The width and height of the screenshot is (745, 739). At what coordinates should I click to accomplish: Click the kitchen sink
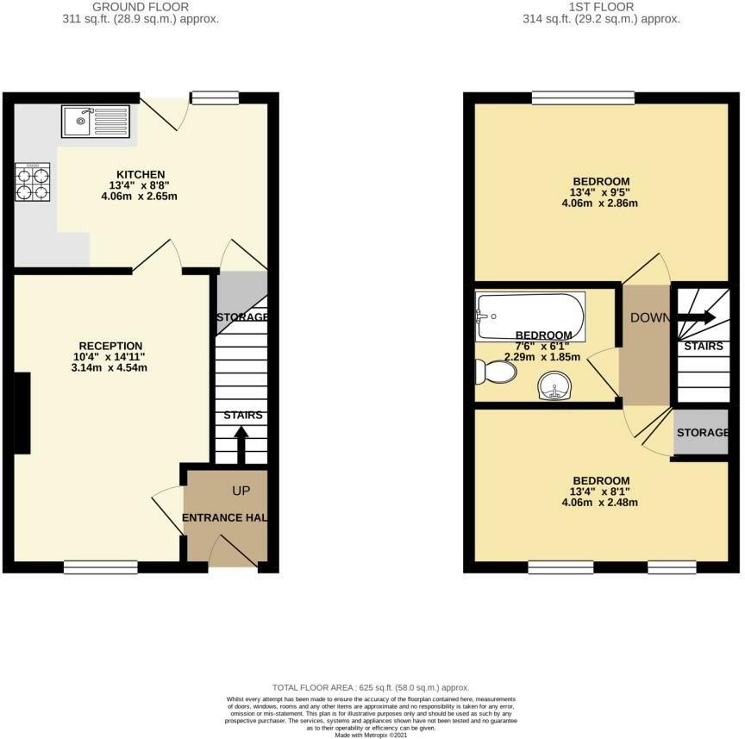click(95, 122)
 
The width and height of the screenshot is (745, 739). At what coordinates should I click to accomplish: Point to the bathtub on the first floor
click(529, 316)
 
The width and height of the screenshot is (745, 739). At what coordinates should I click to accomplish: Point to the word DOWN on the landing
click(649, 317)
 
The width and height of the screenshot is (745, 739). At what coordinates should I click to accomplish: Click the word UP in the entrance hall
click(241, 490)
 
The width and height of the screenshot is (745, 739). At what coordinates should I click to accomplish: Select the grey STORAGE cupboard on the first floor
click(701, 432)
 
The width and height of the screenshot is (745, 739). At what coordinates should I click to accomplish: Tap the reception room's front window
click(102, 567)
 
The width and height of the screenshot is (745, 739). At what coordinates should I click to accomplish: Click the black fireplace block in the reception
click(22, 413)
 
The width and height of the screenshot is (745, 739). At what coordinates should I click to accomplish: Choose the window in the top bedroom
click(583, 97)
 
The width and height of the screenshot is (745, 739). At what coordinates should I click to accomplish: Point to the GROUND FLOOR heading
click(140, 7)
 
